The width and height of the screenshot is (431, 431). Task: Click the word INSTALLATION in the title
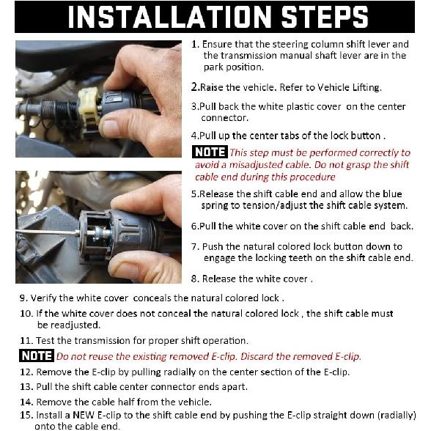click(169, 17)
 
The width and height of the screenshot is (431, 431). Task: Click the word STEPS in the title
click(325, 17)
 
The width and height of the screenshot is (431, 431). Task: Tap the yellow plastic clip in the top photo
click(89, 111)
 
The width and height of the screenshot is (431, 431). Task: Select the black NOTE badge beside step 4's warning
click(210, 152)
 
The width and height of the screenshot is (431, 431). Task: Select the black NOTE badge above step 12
click(37, 356)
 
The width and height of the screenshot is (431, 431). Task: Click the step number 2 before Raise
click(194, 87)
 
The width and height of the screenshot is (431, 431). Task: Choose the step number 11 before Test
click(25, 341)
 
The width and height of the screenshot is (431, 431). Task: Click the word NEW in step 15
click(84, 415)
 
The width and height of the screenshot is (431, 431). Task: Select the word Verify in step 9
click(43, 298)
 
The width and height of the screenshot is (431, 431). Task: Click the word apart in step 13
click(235, 388)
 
